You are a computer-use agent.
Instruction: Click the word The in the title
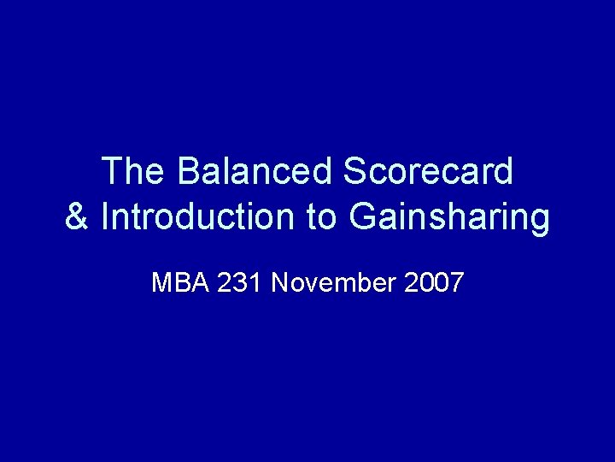coord(134,172)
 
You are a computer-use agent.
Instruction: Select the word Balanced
coord(256,172)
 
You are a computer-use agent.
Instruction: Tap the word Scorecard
coord(429,172)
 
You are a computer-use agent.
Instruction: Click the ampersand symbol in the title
coord(77,217)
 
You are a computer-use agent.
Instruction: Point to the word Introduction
coord(199,217)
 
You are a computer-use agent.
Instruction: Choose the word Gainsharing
coord(449,217)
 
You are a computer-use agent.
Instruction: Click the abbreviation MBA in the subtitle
coord(180,282)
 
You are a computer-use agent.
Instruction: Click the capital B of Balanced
coord(189,172)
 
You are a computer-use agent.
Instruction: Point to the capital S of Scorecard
coord(354,172)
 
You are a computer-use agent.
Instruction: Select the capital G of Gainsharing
coord(362,217)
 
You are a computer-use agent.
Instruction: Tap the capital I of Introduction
coord(105,217)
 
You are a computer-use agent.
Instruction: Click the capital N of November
coord(280,282)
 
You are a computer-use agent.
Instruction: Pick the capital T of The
coord(112,172)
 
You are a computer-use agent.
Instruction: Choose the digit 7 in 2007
coord(456,282)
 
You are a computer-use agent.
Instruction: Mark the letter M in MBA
coord(161,282)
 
